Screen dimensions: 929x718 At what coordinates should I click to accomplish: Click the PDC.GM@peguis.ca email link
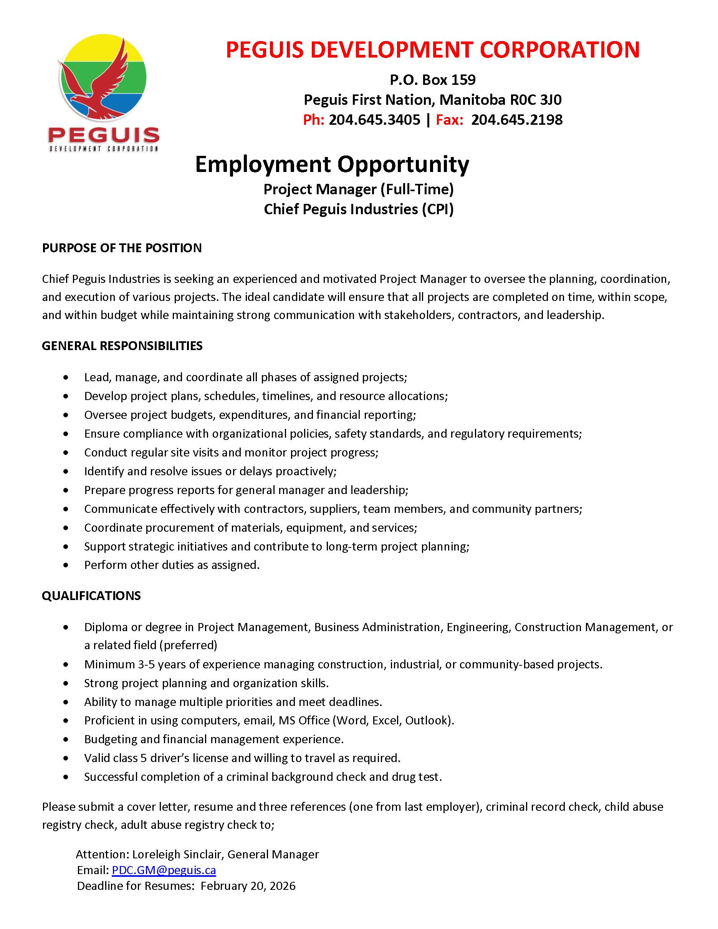[164, 870]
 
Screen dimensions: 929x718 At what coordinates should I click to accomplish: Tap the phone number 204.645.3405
[374, 120]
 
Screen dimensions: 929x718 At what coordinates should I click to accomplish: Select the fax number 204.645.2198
[517, 120]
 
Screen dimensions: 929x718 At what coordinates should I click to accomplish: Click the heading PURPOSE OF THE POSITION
[122, 248]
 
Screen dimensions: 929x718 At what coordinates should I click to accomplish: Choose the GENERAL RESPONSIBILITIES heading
[122, 346]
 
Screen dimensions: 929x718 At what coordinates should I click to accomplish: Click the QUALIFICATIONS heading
[91, 595]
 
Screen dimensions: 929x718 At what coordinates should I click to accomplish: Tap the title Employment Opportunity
[332, 165]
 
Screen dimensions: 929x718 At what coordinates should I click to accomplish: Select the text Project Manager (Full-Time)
[359, 189]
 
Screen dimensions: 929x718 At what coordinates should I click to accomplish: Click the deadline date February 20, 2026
[248, 886]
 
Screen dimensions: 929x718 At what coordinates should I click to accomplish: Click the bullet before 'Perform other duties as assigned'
[66, 565]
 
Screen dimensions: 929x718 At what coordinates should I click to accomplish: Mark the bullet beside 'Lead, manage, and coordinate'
[66, 378]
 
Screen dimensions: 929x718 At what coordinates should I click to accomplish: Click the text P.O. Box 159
[433, 80]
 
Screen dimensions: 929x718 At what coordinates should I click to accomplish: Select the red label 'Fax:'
[449, 120]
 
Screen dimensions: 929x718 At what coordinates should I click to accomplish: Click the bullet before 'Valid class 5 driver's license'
[66, 759]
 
